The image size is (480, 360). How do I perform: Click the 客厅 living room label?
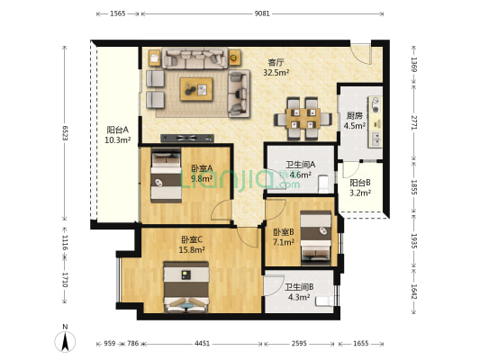[x=276, y=63]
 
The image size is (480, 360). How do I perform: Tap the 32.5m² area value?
[x=276, y=73]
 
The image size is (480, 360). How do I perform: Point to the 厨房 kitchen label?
[x=354, y=115]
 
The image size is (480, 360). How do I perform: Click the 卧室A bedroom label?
[x=202, y=168]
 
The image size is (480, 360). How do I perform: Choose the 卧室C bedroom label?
[x=191, y=239]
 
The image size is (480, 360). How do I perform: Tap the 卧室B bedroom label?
[x=284, y=232]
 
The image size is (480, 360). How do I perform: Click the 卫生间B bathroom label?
[x=299, y=287]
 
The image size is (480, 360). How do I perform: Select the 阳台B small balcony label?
[x=360, y=183]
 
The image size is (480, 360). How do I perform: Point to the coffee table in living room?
[x=197, y=87]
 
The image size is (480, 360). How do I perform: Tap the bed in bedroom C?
[x=186, y=287]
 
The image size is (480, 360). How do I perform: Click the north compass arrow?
[x=65, y=341]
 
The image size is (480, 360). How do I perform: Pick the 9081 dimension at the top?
[x=261, y=14]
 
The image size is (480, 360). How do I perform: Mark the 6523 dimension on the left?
[x=65, y=131]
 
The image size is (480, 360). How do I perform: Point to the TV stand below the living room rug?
[x=186, y=138]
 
